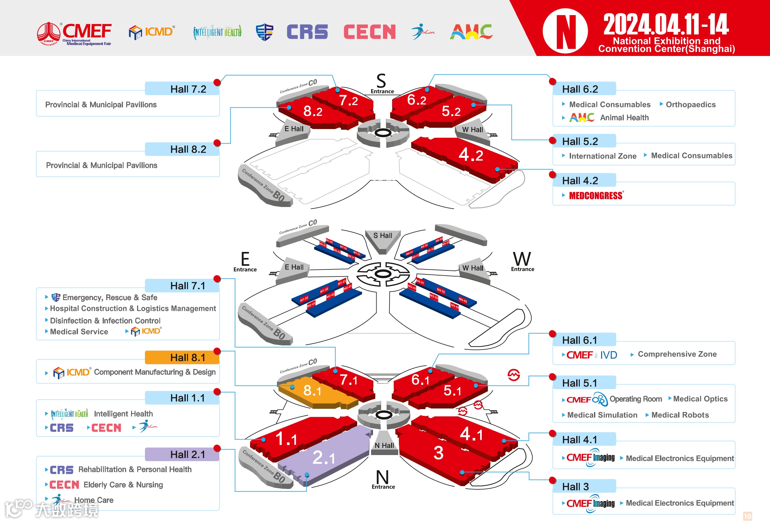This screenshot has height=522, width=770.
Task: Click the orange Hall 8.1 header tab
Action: point(182,358)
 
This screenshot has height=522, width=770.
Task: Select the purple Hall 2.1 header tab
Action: point(182,454)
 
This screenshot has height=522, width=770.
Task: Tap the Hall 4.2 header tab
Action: point(584,180)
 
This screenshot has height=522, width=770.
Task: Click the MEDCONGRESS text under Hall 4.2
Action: point(595,196)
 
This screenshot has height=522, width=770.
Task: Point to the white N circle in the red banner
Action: point(565,31)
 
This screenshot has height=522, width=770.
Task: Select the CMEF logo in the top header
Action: point(74,33)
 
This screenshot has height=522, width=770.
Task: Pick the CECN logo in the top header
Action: point(369,32)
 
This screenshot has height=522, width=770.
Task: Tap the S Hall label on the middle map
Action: point(383,235)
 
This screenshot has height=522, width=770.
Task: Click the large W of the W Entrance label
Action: point(522,259)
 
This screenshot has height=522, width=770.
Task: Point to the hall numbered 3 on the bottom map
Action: point(438,453)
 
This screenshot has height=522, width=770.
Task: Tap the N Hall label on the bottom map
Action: point(384,445)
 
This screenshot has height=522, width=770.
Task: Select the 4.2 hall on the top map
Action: point(470,155)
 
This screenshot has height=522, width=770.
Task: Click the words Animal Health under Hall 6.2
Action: point(624,118)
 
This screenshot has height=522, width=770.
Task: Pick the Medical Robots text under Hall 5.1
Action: point(680,415)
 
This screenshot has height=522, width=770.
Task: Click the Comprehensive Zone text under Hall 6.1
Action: point(677,354)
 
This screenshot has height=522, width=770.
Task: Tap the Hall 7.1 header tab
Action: point(182,286)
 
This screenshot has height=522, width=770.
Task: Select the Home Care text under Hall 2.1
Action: point(94,500)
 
